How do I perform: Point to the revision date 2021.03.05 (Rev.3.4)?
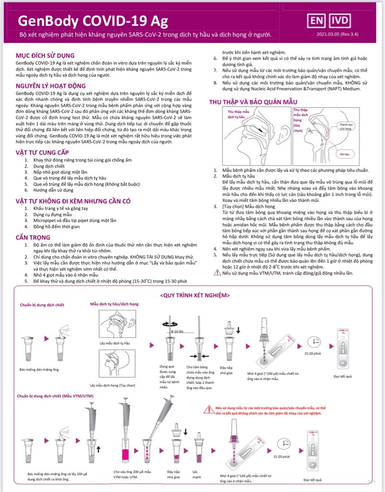click(x=339, y=35)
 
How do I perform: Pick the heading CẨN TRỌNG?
click(x=33, y=237)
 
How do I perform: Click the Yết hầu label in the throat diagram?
click(x=343, y=154)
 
